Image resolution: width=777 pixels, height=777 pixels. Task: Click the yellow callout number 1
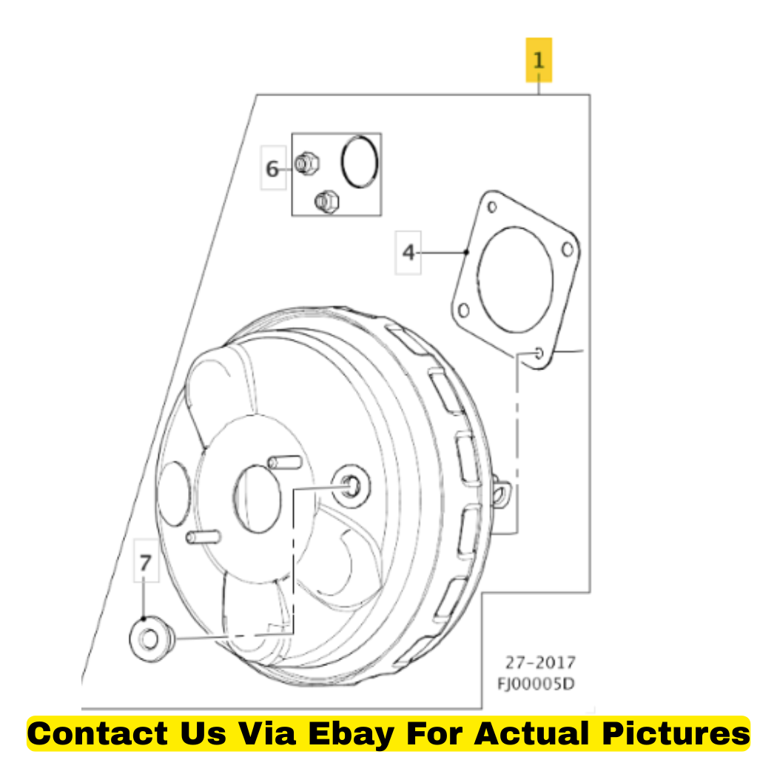click(x=539, y=60)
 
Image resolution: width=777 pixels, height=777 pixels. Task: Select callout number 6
click(x=272, y=169)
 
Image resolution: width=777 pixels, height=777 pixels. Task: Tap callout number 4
click(x=408, y=253)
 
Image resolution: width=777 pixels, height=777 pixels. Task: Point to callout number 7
click(x=145, y=562)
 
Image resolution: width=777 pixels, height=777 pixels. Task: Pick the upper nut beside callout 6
click(x=307, y=164)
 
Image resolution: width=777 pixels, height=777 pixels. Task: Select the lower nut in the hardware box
click(x=327, y=202)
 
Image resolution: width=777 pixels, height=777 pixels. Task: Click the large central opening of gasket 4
click(x=515, y=280)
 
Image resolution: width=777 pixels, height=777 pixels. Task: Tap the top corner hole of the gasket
click(x=492, y=206)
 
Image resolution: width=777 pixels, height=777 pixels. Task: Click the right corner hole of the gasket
click(x=568, y=249)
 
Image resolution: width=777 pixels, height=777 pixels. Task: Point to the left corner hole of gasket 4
click(x=464, y=311)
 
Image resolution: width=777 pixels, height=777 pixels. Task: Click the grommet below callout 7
click(x=152, y=638)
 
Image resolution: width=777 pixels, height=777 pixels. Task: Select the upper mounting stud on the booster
click(x=285, y=462)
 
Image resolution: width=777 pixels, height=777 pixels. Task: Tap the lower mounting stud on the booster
click(x=203, y=536)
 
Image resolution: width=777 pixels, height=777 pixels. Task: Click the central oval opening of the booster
click(x=258, y=499)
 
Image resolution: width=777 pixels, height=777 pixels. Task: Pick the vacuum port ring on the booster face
click(x=351, y=486)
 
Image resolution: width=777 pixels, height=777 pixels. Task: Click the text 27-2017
click(x=540, y=662)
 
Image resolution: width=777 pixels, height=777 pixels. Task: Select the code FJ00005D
click(x=536, y=684)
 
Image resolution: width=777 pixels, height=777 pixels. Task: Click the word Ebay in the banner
click(x=351, y=734)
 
